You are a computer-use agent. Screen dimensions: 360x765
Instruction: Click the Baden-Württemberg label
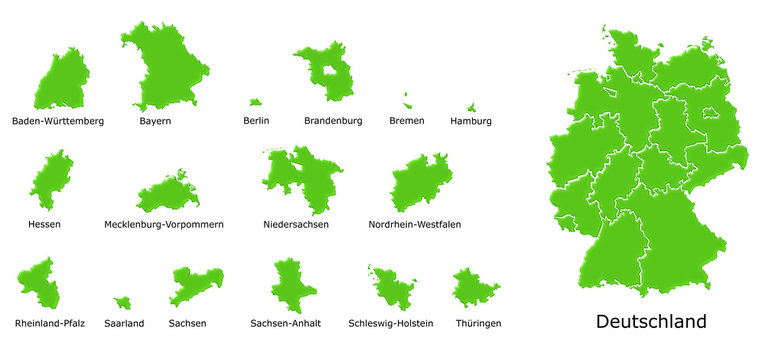point(58,121)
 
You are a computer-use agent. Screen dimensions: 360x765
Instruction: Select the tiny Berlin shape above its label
point(256,101)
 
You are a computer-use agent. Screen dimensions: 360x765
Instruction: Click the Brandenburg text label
point(333,121)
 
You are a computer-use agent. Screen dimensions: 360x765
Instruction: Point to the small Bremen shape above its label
point(407,100)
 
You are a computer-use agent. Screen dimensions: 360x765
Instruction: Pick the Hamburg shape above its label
point(471,107)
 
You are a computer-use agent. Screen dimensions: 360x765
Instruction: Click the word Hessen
point(44,225)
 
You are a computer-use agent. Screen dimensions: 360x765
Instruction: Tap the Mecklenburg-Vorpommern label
point(164,225)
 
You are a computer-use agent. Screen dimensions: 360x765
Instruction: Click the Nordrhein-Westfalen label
point(415,225)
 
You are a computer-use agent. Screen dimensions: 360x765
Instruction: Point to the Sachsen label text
point(188,324)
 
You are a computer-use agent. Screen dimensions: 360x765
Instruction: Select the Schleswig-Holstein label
point(391,324)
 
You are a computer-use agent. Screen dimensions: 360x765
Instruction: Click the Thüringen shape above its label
point(475,288)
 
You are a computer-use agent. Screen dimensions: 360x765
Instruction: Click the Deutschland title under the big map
point(651,322)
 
